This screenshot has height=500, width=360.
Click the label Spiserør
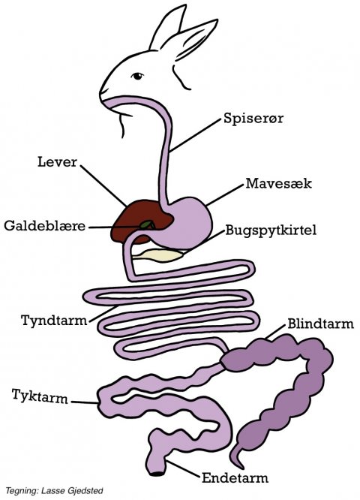pos(253,119)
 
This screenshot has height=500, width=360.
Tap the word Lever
pos(57,162)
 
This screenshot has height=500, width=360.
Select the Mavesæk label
pos(278,183)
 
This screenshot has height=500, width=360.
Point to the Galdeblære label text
pos(44,226)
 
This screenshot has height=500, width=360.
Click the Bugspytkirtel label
pos(271,230)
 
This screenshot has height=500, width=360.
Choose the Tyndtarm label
pos(54,320)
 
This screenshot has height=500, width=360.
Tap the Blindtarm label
pos(320,324)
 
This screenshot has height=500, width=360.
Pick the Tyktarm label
pos(40,396)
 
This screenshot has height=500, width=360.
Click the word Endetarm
pos(235,478)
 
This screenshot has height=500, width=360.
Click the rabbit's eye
pos(137,76)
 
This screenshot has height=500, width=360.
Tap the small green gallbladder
pos(147,224)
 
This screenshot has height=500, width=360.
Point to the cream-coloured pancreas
pos(158,255)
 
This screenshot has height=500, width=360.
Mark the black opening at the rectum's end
pos(157,474)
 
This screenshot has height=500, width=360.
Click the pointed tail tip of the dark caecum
pos(237,466)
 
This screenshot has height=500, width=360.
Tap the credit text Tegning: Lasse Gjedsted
pos(54,490)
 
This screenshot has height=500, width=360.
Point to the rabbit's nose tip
pos(101,93)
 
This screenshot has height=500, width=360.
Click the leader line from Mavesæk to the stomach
pos(225,194)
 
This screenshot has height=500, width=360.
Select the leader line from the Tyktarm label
pos(84,402)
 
